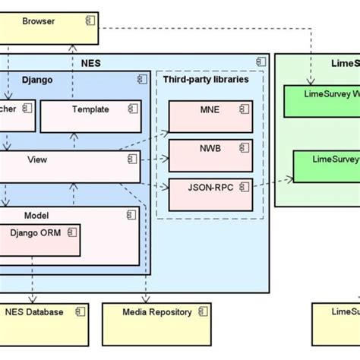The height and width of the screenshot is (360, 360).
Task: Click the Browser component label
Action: [39, 21]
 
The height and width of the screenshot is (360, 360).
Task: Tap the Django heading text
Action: [38, 79]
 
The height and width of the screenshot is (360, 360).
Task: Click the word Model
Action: [36, 216]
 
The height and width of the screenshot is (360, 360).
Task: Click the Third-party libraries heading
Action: [206, 79]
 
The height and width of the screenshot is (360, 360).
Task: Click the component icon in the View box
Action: [132, 159]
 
